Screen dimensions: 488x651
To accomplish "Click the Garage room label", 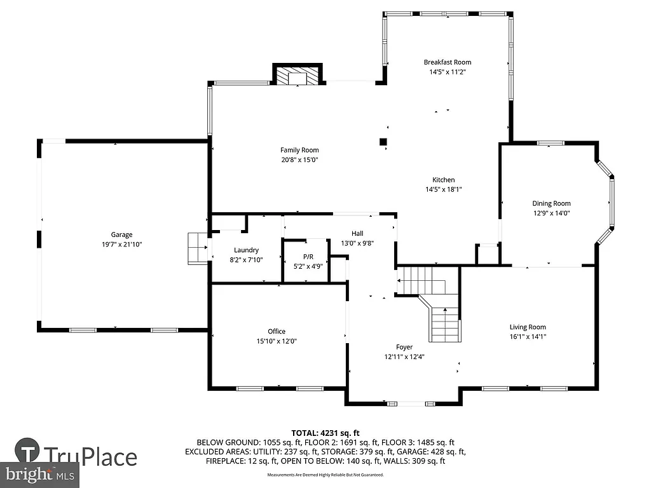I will click(x=121, y=234).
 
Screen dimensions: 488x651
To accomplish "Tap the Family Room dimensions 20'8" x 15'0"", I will click(x=299, y=160).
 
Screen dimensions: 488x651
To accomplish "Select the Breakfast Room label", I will click(x=448, y=62).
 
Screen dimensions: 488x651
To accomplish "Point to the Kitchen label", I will click(x=444, y=180).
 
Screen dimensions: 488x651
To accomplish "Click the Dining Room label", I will click(x=551, y=203).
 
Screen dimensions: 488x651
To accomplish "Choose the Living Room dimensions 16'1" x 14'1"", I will click(x=528, y=337).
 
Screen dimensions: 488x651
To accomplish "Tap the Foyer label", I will click(x=404, y=347).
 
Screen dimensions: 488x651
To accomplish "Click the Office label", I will click(x=277, y=331).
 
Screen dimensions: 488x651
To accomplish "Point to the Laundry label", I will click(x=245, y=250).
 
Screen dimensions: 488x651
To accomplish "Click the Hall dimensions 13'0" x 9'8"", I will click(x=357, y=243).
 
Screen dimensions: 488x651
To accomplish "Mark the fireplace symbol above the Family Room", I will click(x=298, y=75).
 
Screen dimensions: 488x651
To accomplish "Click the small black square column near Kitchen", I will click(x=383, y=142).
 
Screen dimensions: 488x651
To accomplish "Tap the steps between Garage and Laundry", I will click(x=198, y=247).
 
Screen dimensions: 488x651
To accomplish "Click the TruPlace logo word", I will click(x=90, y=456).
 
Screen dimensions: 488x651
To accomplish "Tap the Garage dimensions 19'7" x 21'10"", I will click(x=121, y=244).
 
